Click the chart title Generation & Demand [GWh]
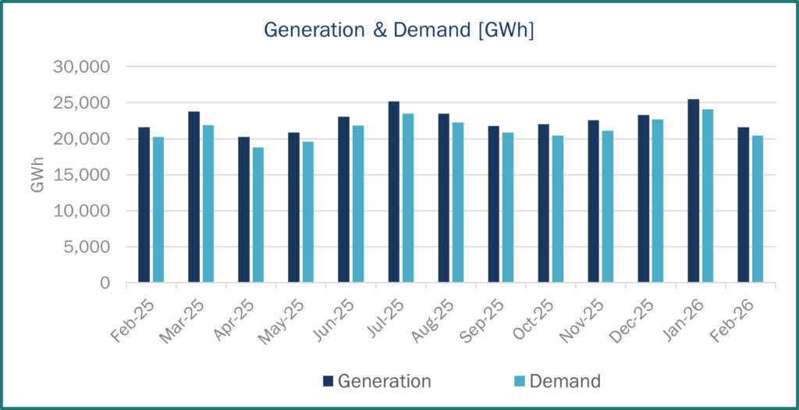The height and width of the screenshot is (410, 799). [x=399, y=30]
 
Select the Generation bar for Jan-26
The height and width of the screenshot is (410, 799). [x=693, y=191]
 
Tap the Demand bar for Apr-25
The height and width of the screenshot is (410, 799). [x=257, y=215]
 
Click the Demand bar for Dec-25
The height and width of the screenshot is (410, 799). [x=658, y=201]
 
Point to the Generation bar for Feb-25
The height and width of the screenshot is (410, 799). [x=144, y=205]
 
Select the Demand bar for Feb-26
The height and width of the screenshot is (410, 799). [x=758, y=209]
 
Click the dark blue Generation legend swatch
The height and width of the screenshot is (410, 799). [x=328, y=381]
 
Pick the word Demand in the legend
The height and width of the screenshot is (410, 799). [x=565, y=381]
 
